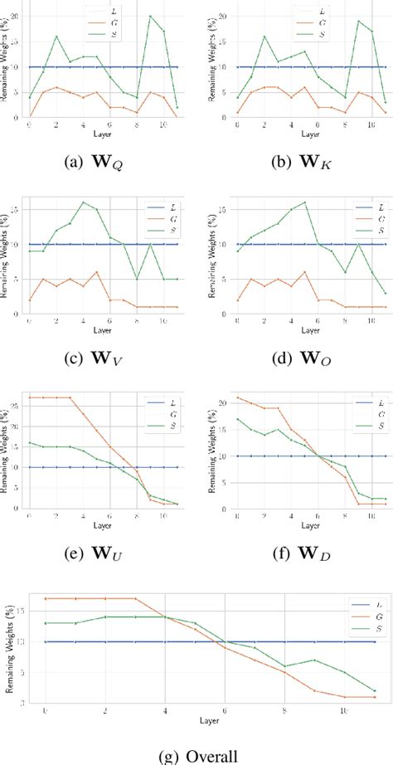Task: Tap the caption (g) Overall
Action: click(x=196, y=753)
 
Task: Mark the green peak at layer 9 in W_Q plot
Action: click(x=150, y=16)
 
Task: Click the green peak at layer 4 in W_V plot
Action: click(x=83, y=202)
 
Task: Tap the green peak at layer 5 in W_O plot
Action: click(x=282, y=202)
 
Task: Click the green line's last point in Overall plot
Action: click(x=374, y=690)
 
